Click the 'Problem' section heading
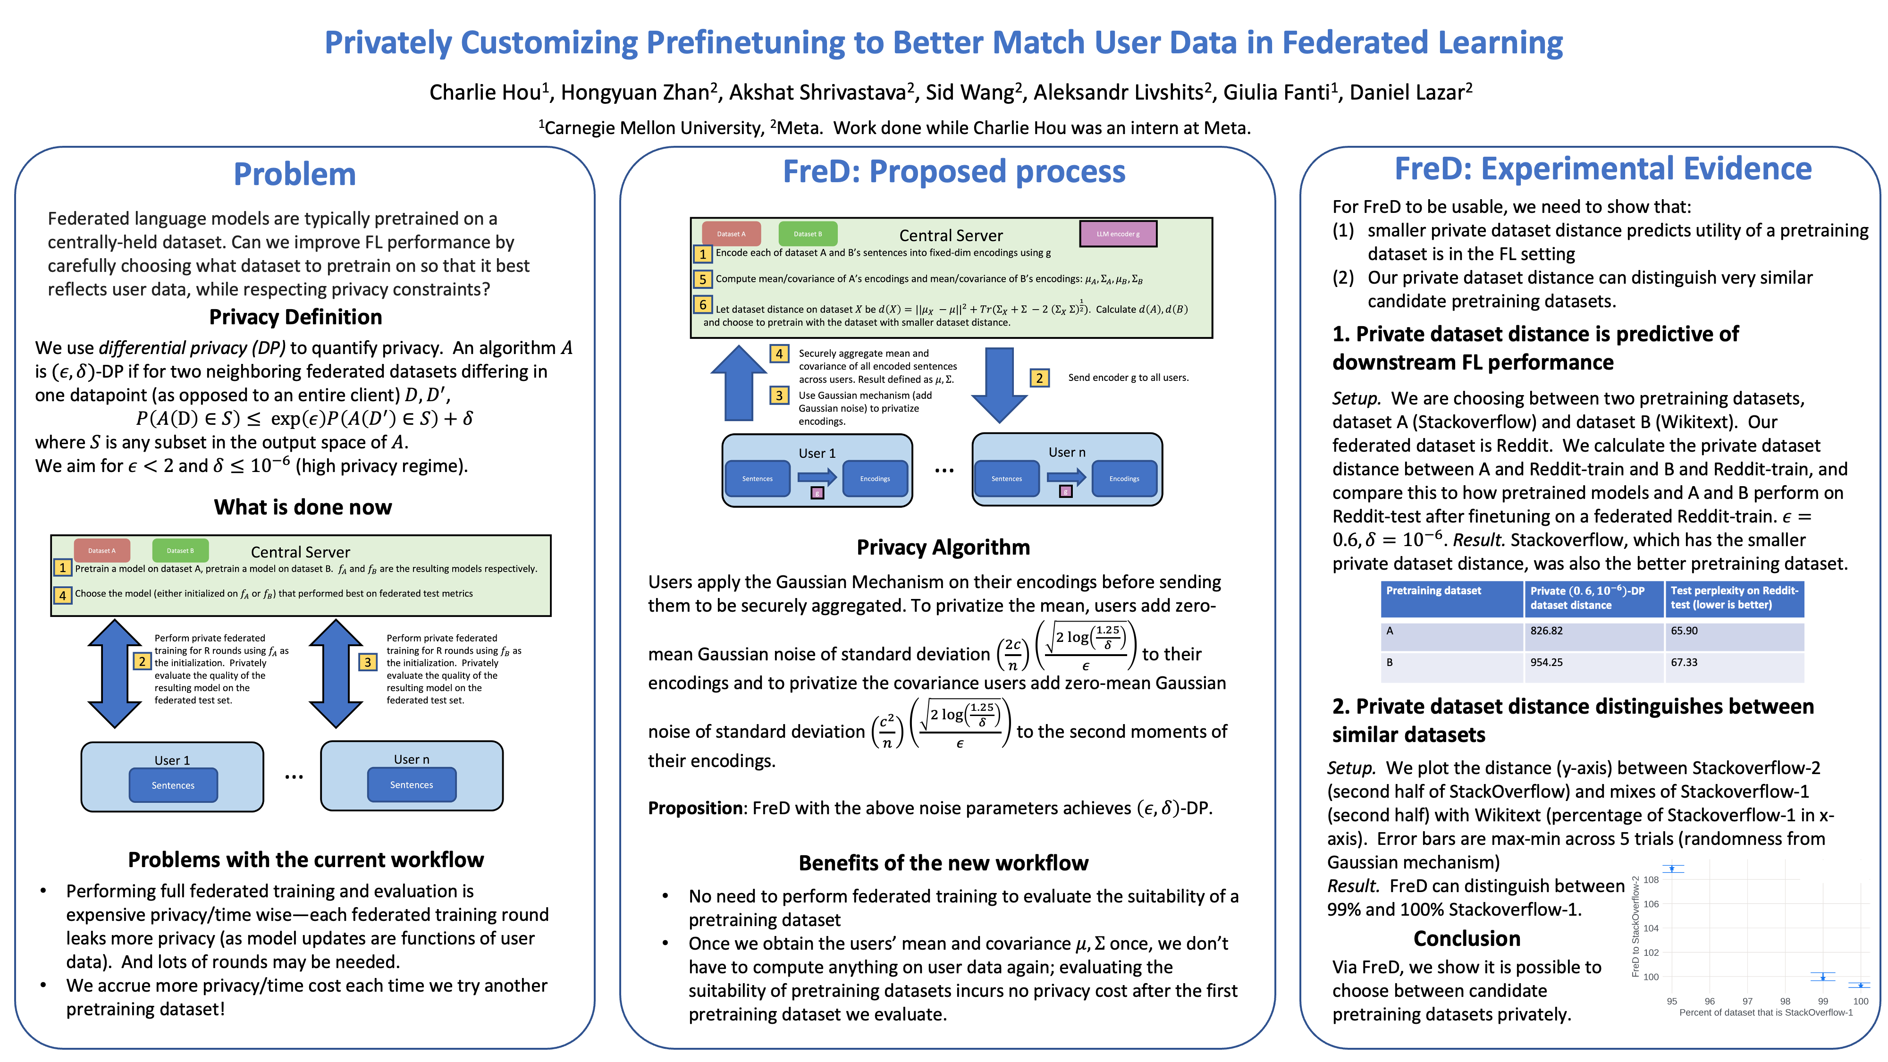point(295,175)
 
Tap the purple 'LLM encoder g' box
point(1118,234)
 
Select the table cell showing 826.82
point(1546,631)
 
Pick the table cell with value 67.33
point(1684,663)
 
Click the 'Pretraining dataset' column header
point(1433,591)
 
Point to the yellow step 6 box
point(702,304)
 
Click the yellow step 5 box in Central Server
point(702,279)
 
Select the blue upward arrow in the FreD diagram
point(739,385)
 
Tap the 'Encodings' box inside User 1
point(874,479)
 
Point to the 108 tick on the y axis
point(1651,879)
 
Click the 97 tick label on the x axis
point(1747,1001)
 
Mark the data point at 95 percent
point(1672,868)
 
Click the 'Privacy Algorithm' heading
point(943,548)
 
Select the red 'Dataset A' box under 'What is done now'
point(102,550)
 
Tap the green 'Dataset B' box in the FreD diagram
point(808,234)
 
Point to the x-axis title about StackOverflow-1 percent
point(1766,1013)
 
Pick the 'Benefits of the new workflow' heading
point(943,863)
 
